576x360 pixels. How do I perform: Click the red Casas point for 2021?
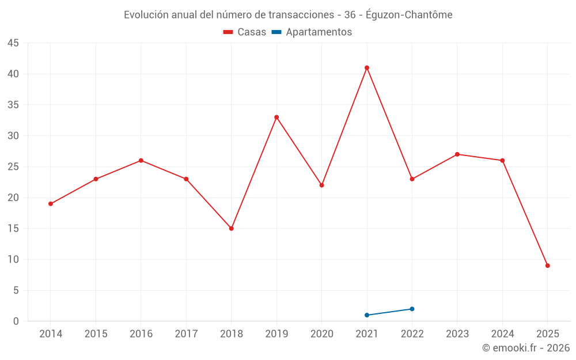coord(367,68)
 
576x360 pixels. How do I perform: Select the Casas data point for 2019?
coord(276,118)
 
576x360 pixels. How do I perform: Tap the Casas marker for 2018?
coord(232,229)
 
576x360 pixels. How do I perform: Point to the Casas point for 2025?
coord(548,266)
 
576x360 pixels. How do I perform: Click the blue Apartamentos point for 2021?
coord(367,315)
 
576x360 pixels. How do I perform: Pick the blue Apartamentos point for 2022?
coord(412,309)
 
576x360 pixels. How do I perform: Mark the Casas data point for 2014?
coord(51,204)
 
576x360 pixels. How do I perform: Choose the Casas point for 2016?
coord(141,161)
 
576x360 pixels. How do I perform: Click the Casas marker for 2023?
coord(457,154)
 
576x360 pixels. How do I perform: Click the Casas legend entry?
coord(245,32)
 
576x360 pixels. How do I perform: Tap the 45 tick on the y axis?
coord(13,43)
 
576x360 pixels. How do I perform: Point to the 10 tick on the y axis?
coord(13,260)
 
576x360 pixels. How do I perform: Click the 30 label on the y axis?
coord(13,136)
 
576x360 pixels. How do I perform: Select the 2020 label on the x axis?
coord(322,334)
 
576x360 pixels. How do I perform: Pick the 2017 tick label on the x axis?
coord(186,334)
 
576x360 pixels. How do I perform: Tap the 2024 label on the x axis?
coord(502,334)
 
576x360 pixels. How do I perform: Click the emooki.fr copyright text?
coord(526,348)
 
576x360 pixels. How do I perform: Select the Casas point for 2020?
coord(322,185)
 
